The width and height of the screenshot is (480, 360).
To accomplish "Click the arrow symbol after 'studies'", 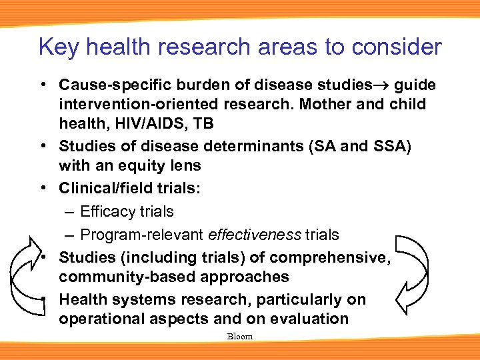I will coord(383,85).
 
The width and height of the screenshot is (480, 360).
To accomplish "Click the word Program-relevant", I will coord(142,235).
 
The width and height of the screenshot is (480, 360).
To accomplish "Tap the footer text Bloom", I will coord(240,337).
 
